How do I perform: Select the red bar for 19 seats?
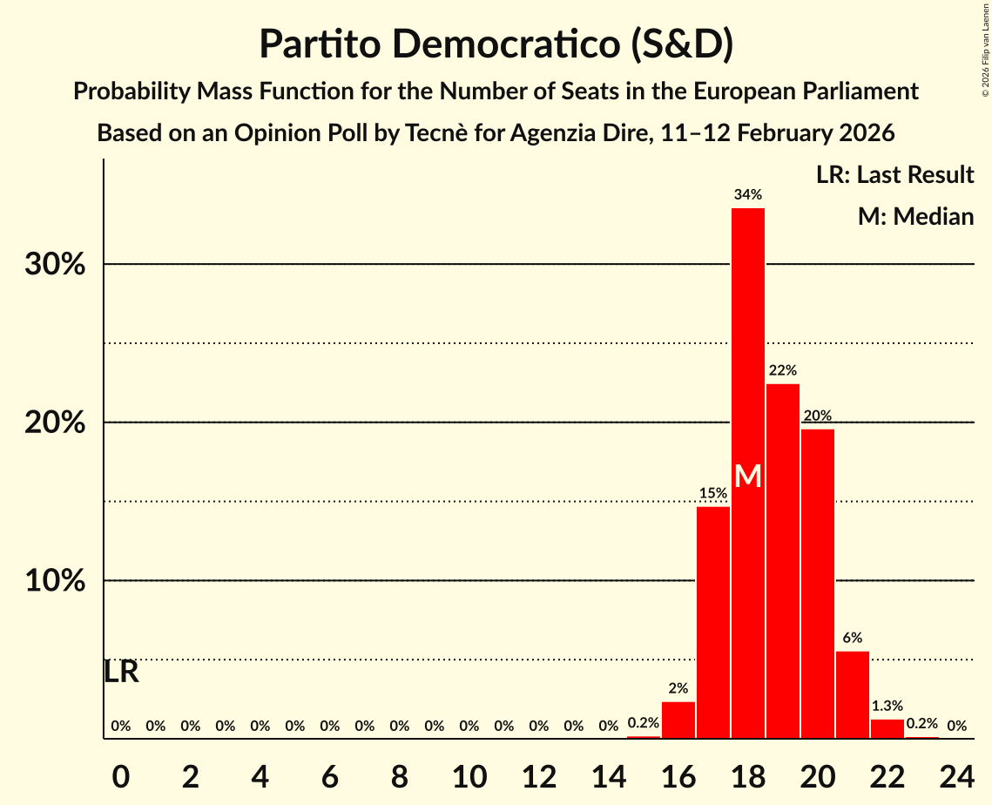pos(783,561)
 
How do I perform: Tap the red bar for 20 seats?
pos(818,584)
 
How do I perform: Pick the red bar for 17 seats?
pos(713,622)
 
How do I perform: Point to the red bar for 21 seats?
pos(853,694)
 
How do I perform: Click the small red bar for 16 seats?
pos(678,720)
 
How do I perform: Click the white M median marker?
pos(748,477)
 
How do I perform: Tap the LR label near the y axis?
pos(121,672)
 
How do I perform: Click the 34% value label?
pos(748,195)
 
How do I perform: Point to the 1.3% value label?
pos(887,706)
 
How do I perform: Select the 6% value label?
pos(853,638)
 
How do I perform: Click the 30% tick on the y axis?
pos(55,264)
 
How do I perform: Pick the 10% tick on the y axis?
pos(55,580)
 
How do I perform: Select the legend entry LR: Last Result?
pos(894,175)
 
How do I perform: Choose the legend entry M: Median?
pos(915,216)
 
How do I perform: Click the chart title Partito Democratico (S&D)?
pos(496,44)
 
